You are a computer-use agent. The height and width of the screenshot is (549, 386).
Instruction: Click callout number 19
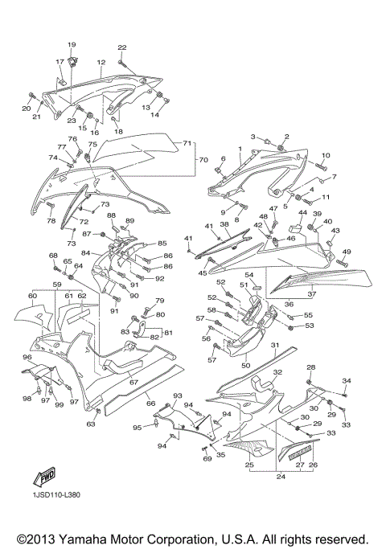pos(71,43)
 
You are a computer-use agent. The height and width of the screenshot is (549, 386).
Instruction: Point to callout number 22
pos(122,48)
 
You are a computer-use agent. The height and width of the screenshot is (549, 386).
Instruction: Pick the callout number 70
pos(203,159)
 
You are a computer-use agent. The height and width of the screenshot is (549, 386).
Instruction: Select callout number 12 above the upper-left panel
pos(101,62)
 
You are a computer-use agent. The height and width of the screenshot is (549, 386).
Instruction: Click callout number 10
pos(326,154)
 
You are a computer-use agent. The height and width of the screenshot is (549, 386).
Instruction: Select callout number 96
pos(27,358)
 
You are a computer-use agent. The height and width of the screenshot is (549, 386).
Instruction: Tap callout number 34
pos(347,380)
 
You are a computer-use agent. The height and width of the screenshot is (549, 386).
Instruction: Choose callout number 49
pos(347,252)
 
